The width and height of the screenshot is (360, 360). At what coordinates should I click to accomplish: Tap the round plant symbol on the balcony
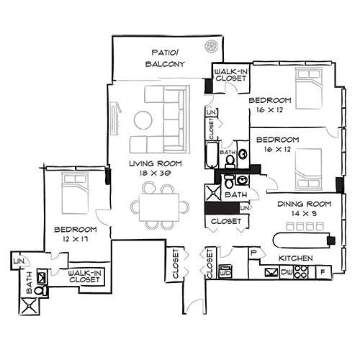click(x=212, y=48)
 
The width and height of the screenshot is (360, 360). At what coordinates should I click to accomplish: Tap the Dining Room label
click(x=303, y=203)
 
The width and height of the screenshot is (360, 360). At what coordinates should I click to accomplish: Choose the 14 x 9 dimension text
click(x=303, y=214)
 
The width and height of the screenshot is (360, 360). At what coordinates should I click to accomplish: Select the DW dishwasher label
click(x=287, y=272)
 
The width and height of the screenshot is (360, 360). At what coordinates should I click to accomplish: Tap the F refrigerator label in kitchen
click(x=320, y=273)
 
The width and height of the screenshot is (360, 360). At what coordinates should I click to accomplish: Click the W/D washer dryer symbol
click(x=225, y=273)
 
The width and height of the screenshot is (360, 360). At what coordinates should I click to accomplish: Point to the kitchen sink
click(x=271, y=272)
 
